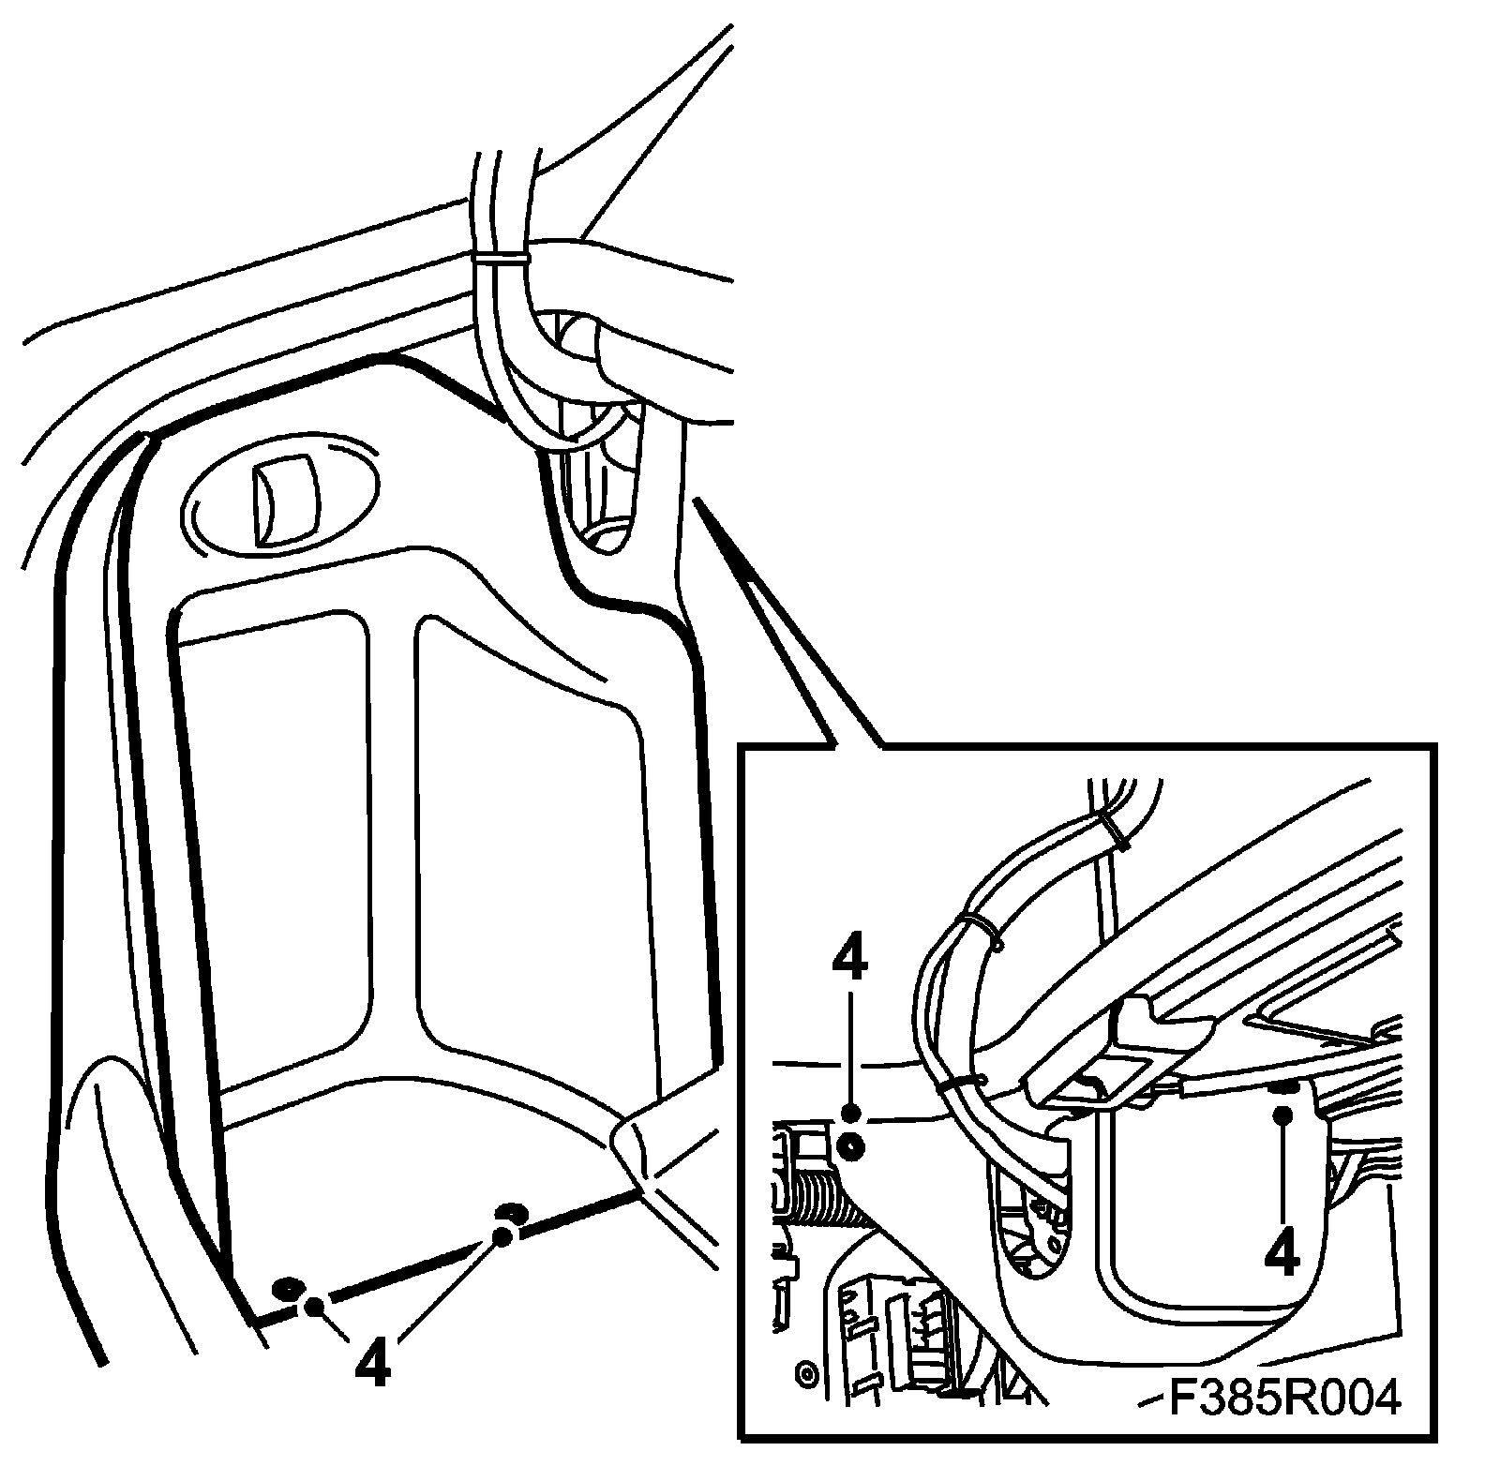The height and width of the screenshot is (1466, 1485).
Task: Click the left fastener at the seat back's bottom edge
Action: click(x=288, y=1286)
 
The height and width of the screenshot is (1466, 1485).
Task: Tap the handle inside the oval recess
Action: click(x=285, y=500)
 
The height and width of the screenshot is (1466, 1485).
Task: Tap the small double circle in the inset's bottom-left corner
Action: click(x=804, y=1374)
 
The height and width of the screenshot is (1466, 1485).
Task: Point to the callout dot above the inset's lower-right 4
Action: click(x=1282, y=1114)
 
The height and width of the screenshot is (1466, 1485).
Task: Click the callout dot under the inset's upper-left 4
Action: click(x=851, y=1113)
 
